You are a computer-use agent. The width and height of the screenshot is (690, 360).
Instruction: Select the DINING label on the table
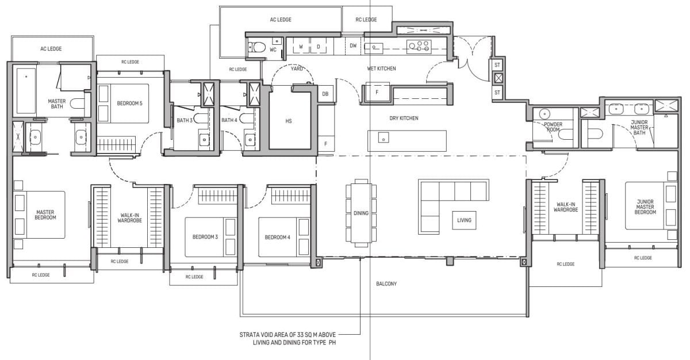(361, 213)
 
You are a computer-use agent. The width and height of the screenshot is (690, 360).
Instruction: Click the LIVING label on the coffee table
(463, 220)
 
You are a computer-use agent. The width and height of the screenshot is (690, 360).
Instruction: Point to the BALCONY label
(386, 284)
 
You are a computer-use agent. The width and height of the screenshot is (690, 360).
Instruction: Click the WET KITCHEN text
(381, 68)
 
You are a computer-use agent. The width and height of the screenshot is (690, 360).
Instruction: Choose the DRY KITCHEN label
(404, 118)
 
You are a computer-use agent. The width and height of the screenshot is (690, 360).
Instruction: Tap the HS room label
(289, 121)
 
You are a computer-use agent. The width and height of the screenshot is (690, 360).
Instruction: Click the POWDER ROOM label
(553, 127)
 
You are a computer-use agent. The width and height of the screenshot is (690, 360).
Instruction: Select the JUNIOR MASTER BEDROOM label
(646, 207)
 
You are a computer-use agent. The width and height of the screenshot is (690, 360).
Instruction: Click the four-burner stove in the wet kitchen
(419, 45)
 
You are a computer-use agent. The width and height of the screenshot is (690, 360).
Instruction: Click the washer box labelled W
(300, 47)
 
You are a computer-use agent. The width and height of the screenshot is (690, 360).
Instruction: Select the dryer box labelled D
(318, 47)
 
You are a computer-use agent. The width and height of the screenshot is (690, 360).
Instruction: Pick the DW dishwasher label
(353, 45)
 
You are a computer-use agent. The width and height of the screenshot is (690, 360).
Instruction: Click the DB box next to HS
(325, 94)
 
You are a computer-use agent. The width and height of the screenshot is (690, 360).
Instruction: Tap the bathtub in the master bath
(25, 91)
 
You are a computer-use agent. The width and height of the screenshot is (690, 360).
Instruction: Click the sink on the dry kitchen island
(382, 137)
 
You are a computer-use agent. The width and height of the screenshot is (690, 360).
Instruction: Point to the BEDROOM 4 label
(276, 237)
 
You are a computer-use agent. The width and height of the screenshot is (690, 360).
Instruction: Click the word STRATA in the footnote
(251, 334)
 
